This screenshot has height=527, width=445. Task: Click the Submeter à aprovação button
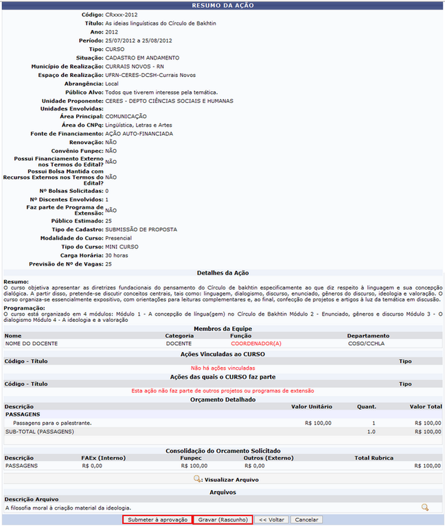point(157,520)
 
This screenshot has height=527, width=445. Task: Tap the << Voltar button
point(271,520)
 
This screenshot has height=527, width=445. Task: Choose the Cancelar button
point(306,520)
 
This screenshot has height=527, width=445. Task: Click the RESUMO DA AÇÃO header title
point(223,5)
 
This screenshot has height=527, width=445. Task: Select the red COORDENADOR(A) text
point(256,343)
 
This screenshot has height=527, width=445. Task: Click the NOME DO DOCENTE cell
point(31,343)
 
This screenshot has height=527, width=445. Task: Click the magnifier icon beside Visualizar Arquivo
point(197,479)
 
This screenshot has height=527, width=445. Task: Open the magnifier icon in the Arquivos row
point(425,507)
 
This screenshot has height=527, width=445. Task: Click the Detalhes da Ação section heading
point(223,273)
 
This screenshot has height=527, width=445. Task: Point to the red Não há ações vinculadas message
point(223,368)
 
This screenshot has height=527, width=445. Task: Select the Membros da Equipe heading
point(223,329)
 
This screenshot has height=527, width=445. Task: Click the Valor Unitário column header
point(311,407)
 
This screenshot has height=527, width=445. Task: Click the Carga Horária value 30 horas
point(119,255)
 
